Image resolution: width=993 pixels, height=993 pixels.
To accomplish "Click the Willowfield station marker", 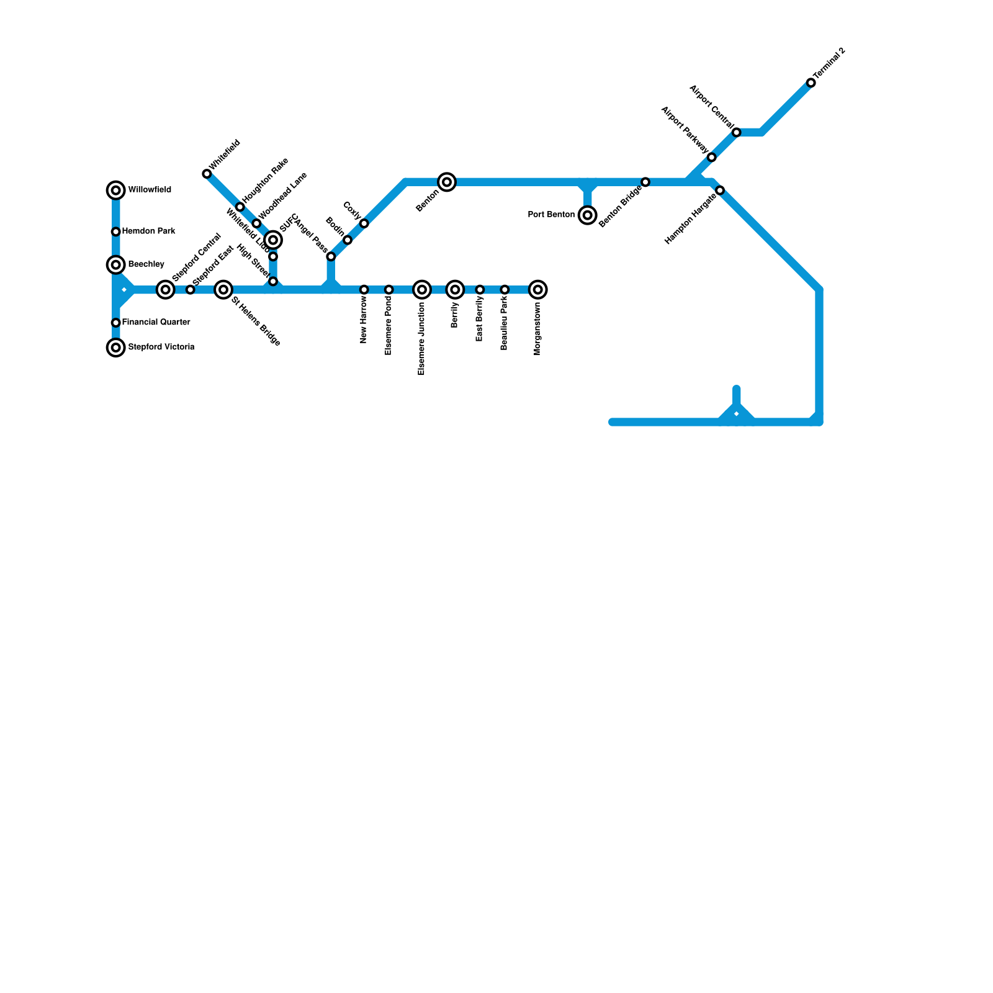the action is (x=116, y=191).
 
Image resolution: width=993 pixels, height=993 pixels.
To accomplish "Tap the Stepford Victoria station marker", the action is (x=116, y=348).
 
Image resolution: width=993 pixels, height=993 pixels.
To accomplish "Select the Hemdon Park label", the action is (x=148, y=231).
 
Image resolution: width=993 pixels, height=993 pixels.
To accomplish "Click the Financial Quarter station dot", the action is (x=116, y=323).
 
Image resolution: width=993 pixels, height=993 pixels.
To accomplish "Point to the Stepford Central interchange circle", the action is (x=165, y=289).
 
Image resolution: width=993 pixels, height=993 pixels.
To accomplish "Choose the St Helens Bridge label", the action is (x=256, y=321).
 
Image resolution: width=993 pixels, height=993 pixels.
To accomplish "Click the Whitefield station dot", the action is (x=207, y=174).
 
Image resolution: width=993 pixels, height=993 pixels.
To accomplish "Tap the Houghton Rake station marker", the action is (x=240, y=207).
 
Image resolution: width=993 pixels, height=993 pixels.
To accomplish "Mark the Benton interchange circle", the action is (x=447, y=182).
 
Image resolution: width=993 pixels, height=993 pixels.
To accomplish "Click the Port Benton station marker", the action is (x=588, y=215).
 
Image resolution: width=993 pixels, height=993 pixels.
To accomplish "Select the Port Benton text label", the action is (x=551, y=215).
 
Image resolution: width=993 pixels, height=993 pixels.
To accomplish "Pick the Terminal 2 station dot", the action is (x=811, y=83).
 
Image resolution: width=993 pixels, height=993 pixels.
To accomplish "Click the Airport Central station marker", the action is (x=737, y=132).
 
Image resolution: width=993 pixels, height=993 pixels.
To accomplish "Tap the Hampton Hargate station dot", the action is (x=720, y=191).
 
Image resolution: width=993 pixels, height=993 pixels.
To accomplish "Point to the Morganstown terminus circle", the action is (x=538, y=290).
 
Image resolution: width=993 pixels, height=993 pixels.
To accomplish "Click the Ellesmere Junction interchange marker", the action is (x=422, y=290).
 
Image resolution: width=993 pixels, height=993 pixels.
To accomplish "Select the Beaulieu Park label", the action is (x=505, y=325).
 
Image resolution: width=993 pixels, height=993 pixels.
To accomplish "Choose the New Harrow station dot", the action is (x=364, y=290).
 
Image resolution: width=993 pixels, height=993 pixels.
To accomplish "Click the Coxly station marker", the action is (x=364, y=223).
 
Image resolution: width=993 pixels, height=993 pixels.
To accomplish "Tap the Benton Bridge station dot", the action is (x=645, y=182).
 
